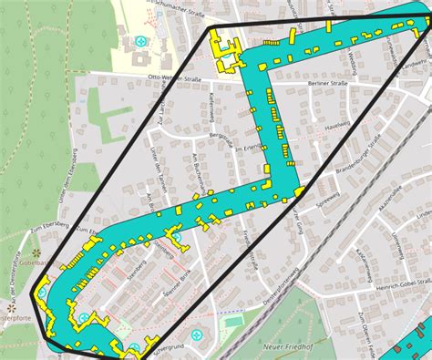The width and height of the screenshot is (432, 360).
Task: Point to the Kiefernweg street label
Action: pyautogui.click(x=211, y=108)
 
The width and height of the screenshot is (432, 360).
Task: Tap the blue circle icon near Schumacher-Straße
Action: pyautogui.click(x=140, y=41)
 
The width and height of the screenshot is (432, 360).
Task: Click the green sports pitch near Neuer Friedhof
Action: pyautogui.click(x=231, y=321)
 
